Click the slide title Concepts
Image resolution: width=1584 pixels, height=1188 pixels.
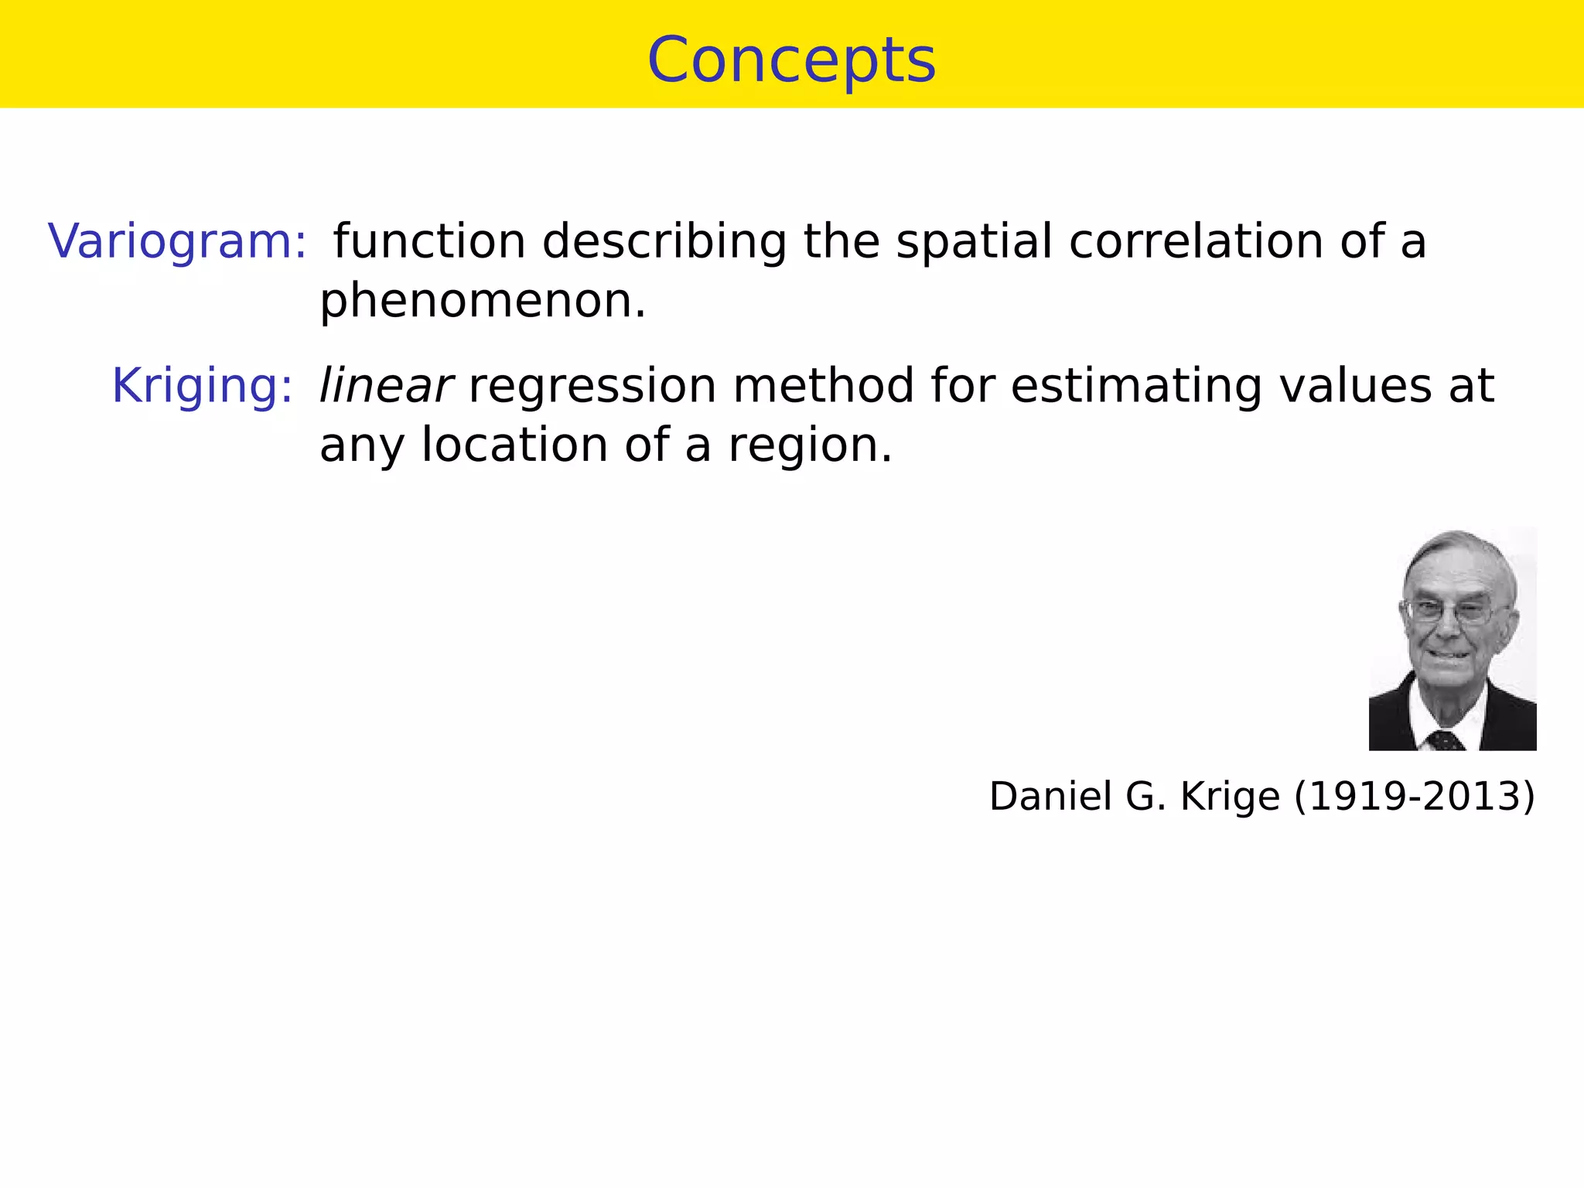tap(791, 60)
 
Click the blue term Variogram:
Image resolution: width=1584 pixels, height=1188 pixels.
tap(178, 241)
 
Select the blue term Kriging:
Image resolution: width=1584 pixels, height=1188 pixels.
tap(203, 386)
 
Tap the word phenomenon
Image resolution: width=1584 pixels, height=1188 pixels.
tap(482, 301)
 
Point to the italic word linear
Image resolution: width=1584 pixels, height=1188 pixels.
tap(385, 386)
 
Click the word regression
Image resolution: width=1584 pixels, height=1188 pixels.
tap(592, 386)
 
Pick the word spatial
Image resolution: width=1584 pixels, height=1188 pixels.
tap(974, 241)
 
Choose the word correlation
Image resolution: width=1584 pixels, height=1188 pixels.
tap(1197, 241)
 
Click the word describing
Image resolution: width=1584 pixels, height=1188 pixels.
tap(664, 241)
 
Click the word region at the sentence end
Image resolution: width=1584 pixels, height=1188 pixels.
tap(809, 447)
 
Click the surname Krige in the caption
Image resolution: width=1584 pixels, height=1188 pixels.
tap(1230, 796)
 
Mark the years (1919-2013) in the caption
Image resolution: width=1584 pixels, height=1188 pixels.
tap(1415, 796)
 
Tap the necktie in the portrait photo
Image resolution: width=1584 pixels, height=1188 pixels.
tap(1445, 741)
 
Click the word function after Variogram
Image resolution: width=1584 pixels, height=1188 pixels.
tap(429, 241)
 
